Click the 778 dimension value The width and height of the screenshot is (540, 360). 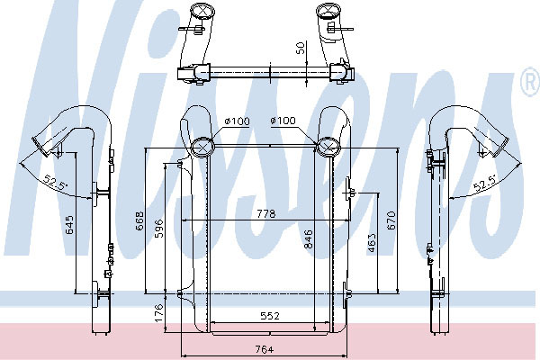266,214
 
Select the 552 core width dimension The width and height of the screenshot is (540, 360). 270,316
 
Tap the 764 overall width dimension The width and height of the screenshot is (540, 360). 264,350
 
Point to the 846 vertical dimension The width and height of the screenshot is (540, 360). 308,239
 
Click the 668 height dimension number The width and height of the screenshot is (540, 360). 140,220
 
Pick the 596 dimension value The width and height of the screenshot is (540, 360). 159,228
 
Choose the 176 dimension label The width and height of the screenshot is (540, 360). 158,313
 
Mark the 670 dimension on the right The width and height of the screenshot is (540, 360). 391,220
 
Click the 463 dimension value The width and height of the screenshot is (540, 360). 372,242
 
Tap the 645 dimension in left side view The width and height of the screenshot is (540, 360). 69,225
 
